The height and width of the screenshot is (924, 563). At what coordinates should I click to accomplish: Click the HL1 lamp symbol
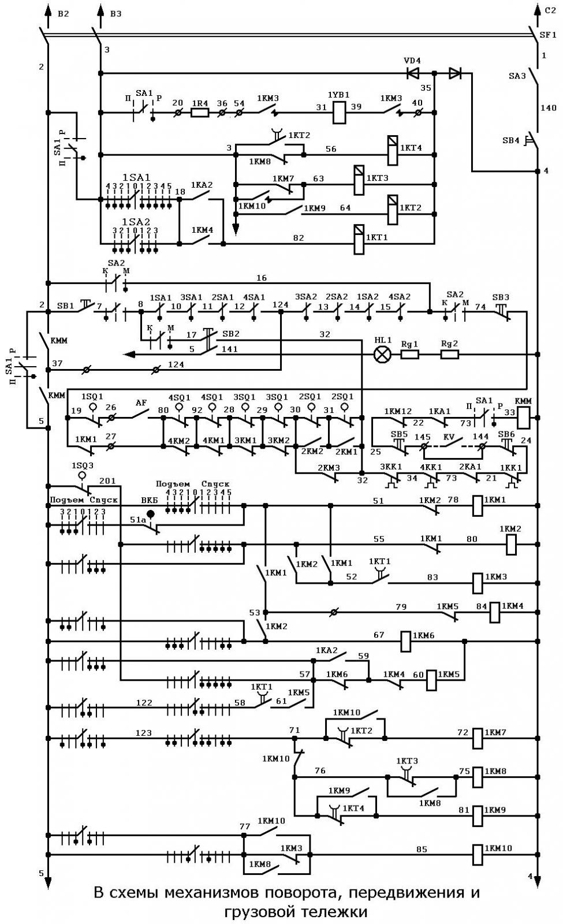coord(382,355)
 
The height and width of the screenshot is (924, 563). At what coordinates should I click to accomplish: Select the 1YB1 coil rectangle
coord(339,113)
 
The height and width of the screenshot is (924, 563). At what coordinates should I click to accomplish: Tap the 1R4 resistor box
coord(200,113)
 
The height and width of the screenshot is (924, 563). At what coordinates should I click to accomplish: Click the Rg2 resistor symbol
coord(450,355)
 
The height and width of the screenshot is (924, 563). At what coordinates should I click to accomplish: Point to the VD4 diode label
coord(412,61)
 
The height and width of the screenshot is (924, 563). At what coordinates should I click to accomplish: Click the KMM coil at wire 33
coord(523,418)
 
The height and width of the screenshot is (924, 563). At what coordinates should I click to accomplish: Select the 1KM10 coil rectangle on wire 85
coord(477,854)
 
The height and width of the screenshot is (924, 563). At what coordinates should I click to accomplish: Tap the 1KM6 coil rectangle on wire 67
coord(406,642)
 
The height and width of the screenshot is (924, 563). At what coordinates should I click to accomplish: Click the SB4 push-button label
coord(510,141)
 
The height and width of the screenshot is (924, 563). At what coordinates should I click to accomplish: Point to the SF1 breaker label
coord(548,35)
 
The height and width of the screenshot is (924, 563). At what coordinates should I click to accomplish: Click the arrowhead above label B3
coord(100,9)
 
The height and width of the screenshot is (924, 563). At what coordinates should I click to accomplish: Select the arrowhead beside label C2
coord(538,9)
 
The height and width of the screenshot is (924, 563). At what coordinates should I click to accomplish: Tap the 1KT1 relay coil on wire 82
coord(359,239)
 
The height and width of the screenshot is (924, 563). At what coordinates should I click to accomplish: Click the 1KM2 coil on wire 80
coord(511,545)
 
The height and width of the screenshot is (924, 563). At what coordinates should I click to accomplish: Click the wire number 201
coord(107,481)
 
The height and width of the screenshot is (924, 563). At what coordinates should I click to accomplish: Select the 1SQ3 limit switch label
coord(83,465)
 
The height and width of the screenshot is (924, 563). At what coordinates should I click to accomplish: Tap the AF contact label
coord(141,403)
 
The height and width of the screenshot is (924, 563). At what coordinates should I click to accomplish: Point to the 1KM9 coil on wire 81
coord(477,815)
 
